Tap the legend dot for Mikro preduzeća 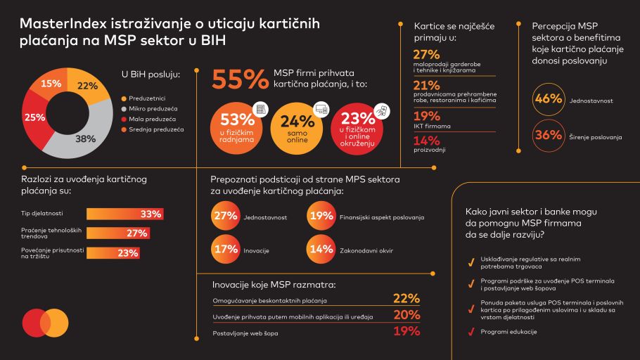[124, 109]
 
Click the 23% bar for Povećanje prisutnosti [112, 253]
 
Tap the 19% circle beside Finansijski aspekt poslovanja [321, 217]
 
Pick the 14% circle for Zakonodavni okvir [321, 249]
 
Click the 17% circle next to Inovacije [225, 249]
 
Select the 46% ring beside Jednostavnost [548, 100]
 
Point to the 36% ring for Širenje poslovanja [548, 136]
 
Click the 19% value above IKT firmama [426, 117]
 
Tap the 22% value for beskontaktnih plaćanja [406, 299]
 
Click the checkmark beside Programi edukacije [469, 331]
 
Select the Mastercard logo [44, 323]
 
